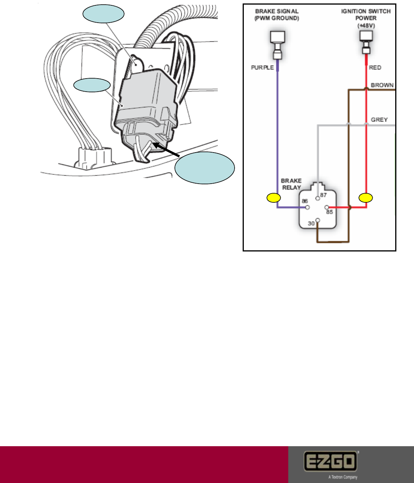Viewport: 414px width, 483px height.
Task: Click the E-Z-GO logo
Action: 330,462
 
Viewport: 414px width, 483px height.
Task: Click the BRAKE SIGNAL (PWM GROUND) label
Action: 277,15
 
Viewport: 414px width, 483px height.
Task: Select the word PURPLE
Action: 262,67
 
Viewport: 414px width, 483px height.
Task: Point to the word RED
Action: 375,67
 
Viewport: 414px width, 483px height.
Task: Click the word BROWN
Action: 382,85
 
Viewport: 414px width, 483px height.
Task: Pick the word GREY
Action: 379,120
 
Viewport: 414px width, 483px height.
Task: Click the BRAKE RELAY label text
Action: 291,184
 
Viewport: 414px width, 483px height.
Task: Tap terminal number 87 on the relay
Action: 323,195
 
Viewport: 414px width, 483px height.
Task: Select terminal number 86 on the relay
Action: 305,201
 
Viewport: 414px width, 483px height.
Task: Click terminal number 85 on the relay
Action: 329,212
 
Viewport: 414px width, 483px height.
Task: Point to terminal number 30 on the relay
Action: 312,223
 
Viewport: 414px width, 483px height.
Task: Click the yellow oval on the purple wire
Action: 274,198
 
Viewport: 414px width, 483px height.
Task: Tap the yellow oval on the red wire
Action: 366,198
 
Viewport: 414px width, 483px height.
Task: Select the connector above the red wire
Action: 366,42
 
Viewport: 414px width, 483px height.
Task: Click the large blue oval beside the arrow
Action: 205,168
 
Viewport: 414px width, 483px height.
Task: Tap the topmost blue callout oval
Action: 103,15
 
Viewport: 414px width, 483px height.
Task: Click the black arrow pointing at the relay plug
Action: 167,149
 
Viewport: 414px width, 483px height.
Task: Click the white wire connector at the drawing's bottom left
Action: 94,157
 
